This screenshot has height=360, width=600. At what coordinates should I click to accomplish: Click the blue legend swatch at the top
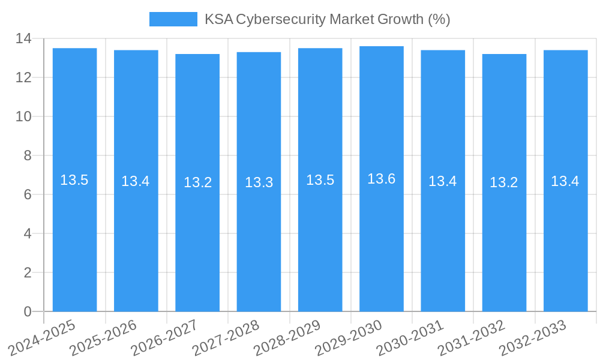click(x=173, y=19)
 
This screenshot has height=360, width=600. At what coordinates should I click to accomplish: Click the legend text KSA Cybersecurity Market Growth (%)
click(x=327, y=19)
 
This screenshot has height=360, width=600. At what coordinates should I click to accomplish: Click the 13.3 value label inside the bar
click(x=259, y=182)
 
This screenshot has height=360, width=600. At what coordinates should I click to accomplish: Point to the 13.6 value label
click(x=381, y=179)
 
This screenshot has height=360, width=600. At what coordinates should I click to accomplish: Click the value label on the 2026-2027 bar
click(x=197, y=182)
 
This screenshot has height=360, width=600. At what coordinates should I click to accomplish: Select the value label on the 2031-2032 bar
click(x=503, y=182)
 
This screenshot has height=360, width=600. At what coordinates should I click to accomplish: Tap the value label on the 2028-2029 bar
click(x=320, y=180)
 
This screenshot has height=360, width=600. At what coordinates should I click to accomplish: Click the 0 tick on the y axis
click(x=28, y=311)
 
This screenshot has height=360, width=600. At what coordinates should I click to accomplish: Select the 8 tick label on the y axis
click(x=28, y=156)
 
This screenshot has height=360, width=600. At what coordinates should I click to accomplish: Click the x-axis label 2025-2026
click(x=104, y=338)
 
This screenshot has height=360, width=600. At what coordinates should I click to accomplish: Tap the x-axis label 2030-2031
click(x=410, y=338)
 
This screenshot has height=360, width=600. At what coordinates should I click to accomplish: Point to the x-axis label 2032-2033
click(x=533, y=338)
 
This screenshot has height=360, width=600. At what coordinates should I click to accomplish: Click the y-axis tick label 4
click(x=28, y=233)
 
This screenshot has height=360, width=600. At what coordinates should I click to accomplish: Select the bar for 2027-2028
click(x=259, y=240)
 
